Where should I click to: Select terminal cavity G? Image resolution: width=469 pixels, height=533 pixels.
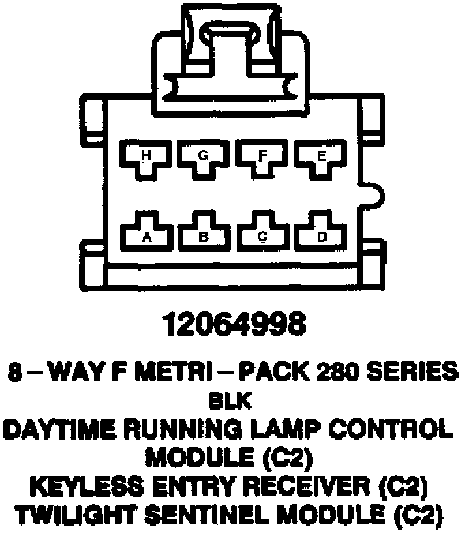click(203, 159)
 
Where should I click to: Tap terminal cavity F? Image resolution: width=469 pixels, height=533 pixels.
click(262, 159)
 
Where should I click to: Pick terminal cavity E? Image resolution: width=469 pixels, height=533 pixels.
click(320, 159)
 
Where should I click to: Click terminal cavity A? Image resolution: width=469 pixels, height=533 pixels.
click(145, 234)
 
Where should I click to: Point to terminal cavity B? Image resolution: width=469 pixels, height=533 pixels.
click(203, 234)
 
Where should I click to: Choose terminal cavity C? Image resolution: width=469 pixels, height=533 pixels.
click(262, 234)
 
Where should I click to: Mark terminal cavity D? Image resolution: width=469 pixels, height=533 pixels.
click(320, 234)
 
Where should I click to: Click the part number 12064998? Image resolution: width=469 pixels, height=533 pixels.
click(234, 326)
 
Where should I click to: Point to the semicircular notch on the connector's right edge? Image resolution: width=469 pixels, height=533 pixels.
click(373, 195)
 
